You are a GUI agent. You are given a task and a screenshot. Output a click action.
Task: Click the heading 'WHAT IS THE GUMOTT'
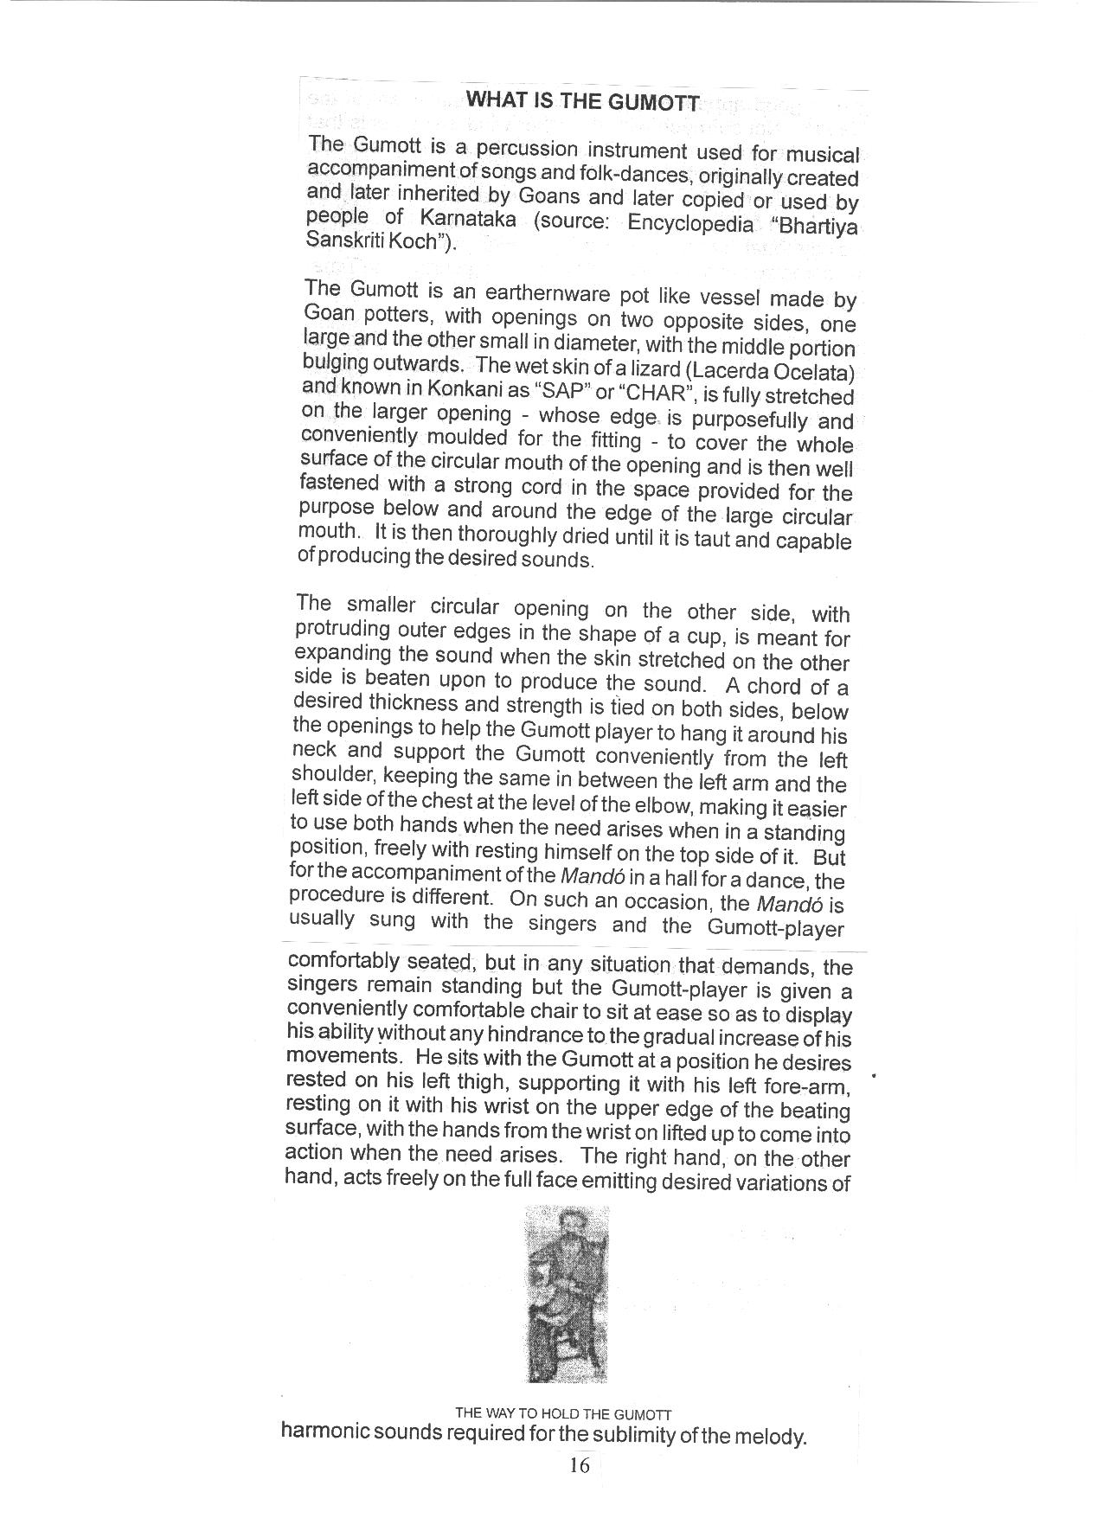[x=581, y=100]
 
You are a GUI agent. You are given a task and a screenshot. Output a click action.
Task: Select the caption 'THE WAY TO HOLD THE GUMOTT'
[x=563, y=1414]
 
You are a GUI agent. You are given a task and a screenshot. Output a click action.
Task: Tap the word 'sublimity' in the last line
[x=637, y=1438]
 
